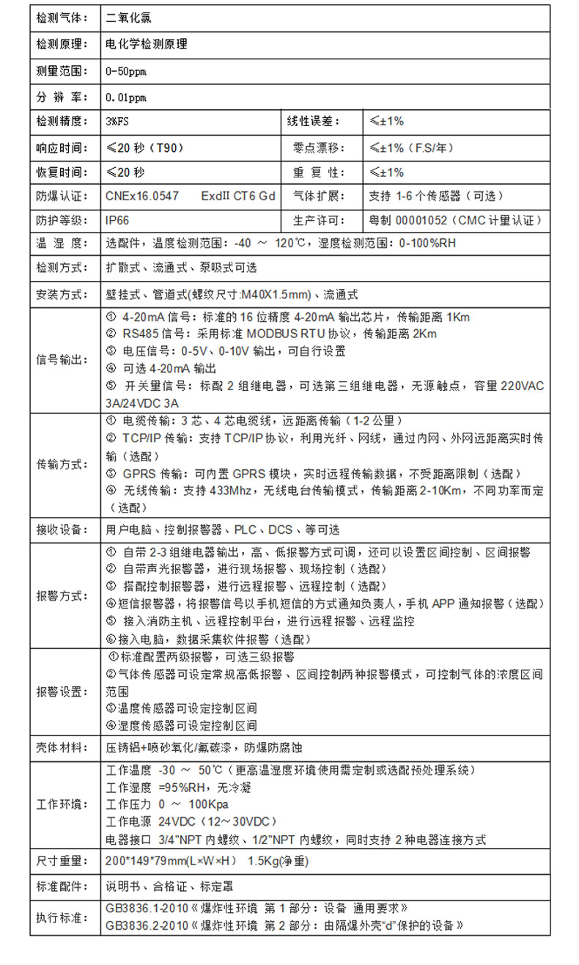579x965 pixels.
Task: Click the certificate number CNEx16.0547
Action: point(142,197)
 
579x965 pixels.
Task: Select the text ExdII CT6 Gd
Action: point(238,197)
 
